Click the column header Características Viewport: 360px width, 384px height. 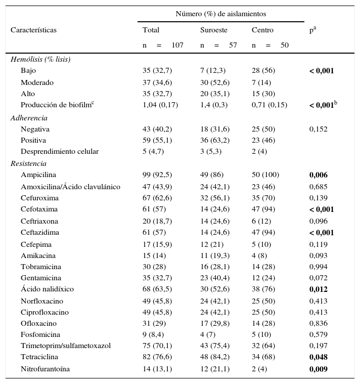[33, 30]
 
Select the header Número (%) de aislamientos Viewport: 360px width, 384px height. [221, 14]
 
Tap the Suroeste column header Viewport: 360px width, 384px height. [214, 30]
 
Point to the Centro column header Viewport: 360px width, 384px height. [262, 30]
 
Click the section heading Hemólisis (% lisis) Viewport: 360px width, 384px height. [40, 59]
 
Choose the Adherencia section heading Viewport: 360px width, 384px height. [29, 118]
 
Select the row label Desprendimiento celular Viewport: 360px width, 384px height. [60, 151]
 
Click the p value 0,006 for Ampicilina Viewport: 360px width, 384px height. [319, 175]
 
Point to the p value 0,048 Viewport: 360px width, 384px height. [319, 357]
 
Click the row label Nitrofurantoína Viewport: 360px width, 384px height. [45, 369]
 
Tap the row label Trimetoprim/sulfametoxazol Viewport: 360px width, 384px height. [66, 346]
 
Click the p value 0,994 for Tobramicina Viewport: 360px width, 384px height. [319, 267]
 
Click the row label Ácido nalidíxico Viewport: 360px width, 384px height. [47, 289]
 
